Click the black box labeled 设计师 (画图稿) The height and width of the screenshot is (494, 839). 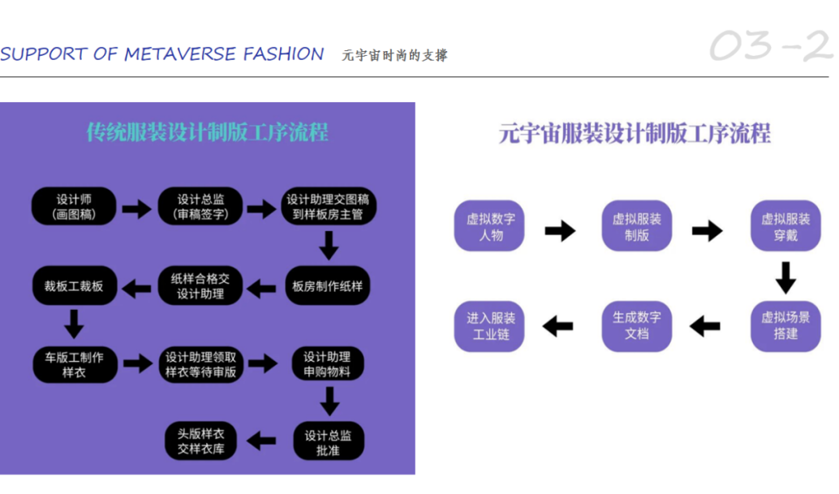pyautogui.click(x=74, y=207)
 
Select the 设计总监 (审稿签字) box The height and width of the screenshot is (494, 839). pyautogui.click(x=200, y=207)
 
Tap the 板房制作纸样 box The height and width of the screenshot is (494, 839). pyautogui.click(x=329, y=286)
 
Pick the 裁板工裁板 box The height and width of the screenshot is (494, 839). pyautogui.click(x=74, y=286)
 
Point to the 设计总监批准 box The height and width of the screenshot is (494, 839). pyautogui.click(x=328, y=442)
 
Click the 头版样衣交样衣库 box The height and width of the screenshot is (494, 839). pyautogui.click(x=200, y=442)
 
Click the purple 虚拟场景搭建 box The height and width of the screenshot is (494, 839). pyautogui.click(x=785, y=326)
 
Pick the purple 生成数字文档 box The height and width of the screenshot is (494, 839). pyautogui.click(x=637, y=326)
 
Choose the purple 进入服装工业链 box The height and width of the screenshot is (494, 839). pyautogui.click(x=490, y=326)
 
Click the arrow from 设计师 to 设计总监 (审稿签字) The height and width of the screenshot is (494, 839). pyautogui.click(x=137, y=209)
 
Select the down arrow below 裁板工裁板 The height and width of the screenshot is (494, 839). pyautogui.click(x=74, y=324)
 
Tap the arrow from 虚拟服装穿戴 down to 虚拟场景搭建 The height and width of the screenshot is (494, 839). pyautogui.click(x=785, y=277)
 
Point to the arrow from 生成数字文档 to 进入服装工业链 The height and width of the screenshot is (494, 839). pyautogui.click(x=558, y=327)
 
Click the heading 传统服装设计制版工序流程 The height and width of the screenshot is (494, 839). pyautogui.click(x=207, y=132)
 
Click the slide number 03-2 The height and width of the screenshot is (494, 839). pyautogui.click(x=770, y=46)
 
